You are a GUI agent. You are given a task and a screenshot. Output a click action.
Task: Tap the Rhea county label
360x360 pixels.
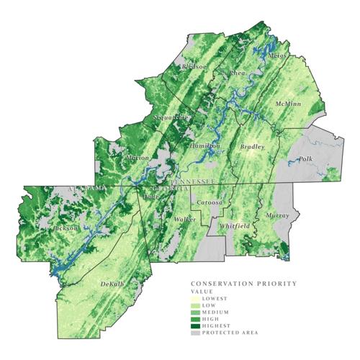pyautogui.click(x=237, y=74)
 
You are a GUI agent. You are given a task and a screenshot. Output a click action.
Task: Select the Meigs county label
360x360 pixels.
pyautogui.click(x=276, y=55)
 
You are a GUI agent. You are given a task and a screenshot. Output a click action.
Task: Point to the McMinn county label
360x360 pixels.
pyautogui.click(x=289, y=105)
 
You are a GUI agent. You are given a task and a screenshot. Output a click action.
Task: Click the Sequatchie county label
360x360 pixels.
pyautogui.click(x=171, y=116)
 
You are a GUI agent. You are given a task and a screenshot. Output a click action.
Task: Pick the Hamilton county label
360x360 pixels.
pyautogui.click(x=204, y=145)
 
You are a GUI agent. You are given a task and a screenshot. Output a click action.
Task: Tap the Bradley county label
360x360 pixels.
pyautogui.click(x=252, y=147)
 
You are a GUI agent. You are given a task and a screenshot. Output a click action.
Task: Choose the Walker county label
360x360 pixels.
pyautogui.click(x=185, y=218)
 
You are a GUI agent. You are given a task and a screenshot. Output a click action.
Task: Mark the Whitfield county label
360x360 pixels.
pyautogui.click(x=235, y=226)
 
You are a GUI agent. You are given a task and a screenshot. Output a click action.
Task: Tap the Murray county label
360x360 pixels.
pyautogui.click(x=276, y=215)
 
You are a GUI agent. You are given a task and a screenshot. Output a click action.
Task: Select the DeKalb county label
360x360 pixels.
pyautogui.click(x=112, y=284)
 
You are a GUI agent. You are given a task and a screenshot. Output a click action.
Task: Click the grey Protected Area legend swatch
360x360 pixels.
pyautogui.click(x=195, y=333)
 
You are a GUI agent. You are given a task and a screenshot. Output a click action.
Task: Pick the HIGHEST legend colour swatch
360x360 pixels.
pyautogui.click(x=195, y=324)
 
